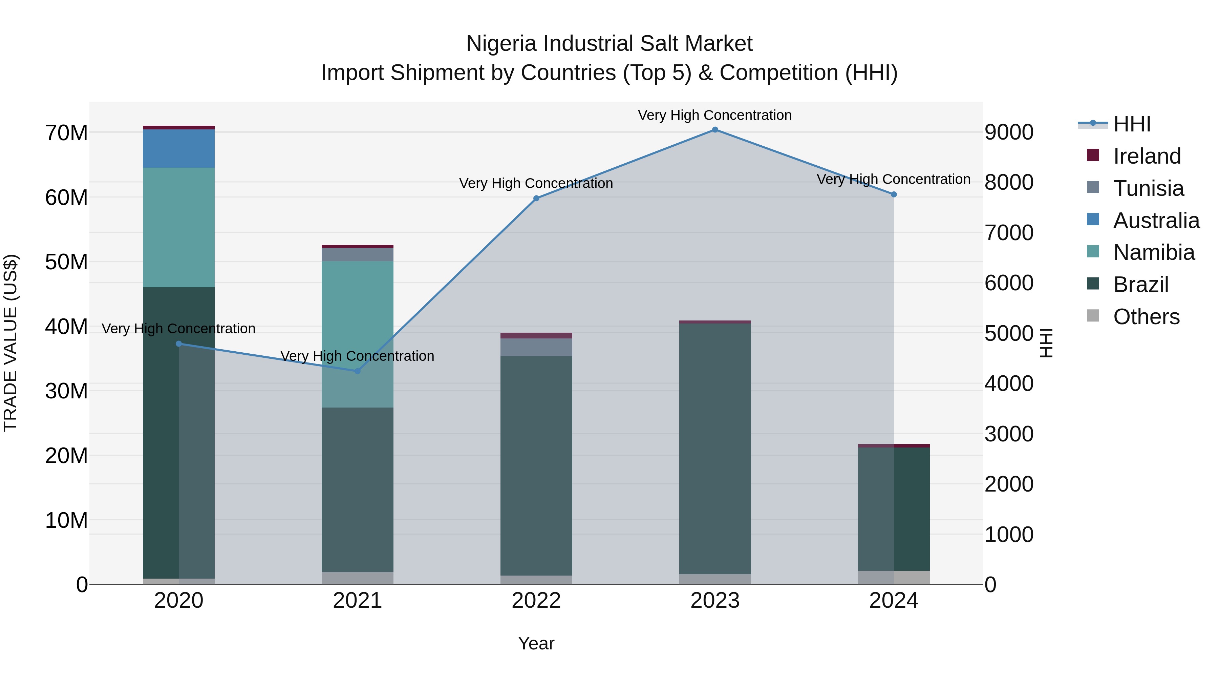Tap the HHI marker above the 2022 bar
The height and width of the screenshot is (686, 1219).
[536, 199]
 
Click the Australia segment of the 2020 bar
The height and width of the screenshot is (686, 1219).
[178, 149]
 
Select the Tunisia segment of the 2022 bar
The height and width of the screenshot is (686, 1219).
[536, 347]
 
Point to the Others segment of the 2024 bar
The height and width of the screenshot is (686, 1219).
[894, 578]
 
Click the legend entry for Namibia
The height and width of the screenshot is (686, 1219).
[1154, 252]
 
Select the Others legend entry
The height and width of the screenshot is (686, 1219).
[1146, 317]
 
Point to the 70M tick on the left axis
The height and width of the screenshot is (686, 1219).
[66, 133]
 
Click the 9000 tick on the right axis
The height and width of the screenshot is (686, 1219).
[1009, 132]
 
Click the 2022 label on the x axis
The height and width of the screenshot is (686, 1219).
[536, 601]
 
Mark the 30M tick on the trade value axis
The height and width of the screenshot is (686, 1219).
[66, 391]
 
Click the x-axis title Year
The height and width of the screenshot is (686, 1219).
[536, 643]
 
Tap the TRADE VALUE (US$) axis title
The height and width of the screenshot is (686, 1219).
[11, 343]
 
